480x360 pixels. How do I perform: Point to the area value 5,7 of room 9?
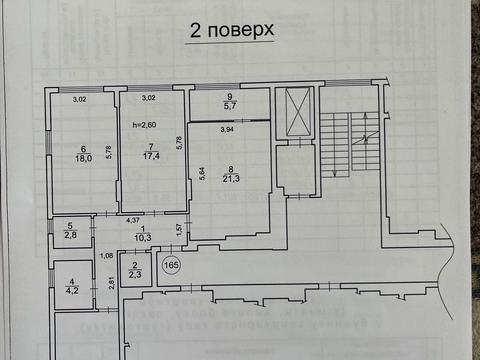tap(230, 105)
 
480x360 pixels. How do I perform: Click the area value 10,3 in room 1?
tap(142, 238)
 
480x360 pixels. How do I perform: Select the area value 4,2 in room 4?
tap(72, 292)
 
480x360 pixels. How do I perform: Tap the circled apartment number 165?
tap(171, 266)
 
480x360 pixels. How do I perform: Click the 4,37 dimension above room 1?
tap(132, 219)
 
